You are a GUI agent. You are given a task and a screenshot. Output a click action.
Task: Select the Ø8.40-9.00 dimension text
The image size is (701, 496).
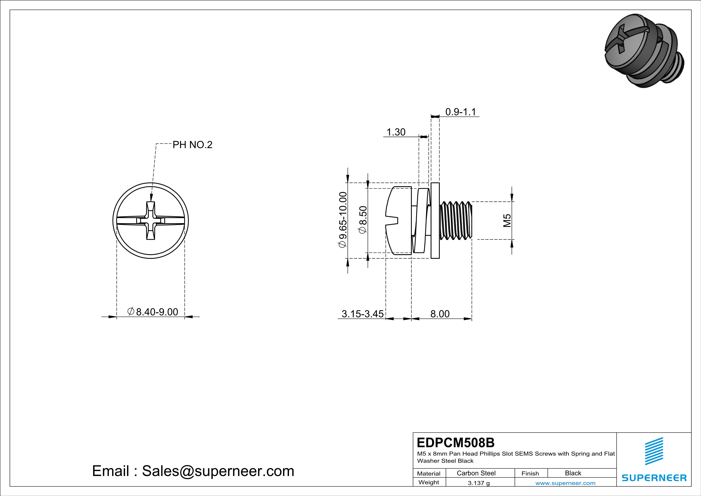153,312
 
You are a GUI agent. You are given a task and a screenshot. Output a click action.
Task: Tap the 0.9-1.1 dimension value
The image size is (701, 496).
460,112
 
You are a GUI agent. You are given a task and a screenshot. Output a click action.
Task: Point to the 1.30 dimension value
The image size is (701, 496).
396,132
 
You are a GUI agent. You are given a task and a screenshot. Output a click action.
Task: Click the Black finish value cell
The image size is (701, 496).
573,473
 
